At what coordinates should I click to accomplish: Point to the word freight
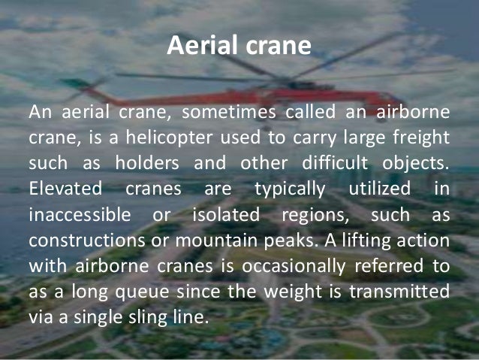coord(423,138)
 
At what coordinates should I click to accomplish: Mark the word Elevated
coord(62,187)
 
